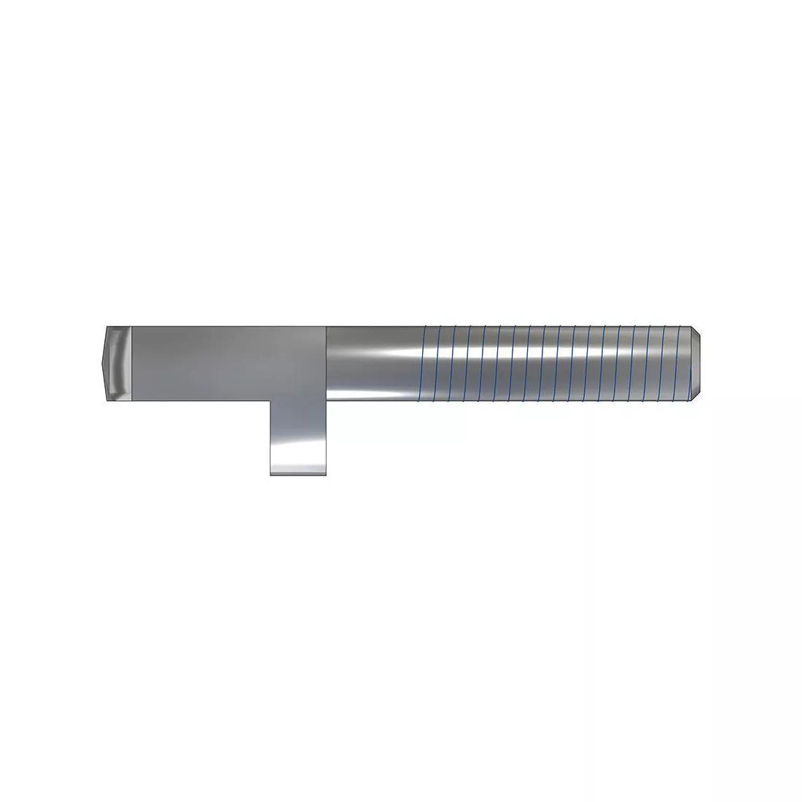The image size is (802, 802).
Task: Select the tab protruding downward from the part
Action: pos(298,437)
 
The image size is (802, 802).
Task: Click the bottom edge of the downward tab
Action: pos(298,475)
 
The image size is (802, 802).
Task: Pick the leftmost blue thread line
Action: pos(425,362)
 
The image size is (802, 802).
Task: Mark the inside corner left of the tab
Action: pos(270,400)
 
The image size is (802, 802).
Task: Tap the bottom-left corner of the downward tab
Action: pos(270,475)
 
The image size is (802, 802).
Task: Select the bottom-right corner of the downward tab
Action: pos(326,475)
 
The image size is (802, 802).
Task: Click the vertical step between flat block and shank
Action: pos(326,362)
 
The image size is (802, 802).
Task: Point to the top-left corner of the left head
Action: pos(106,326)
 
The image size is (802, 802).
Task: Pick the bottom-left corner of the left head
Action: pos(106,399)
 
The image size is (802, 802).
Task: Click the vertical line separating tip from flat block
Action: pos(131,362)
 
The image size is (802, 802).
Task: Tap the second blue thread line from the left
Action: pos(440,362)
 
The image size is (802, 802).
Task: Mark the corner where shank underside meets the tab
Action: pos(327,400)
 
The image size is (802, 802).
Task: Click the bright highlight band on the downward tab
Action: pos(298,464)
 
